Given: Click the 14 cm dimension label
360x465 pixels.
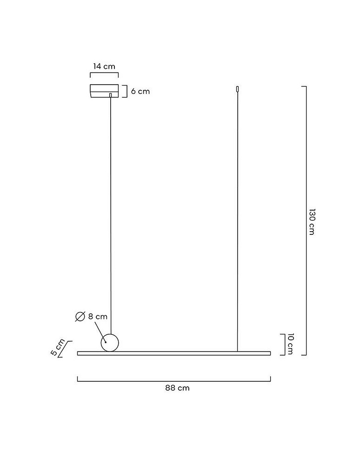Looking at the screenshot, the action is [x=104, y=66].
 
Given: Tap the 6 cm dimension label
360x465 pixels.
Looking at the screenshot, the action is [x=140, y=91].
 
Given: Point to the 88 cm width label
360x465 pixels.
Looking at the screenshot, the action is [x=177, y=388].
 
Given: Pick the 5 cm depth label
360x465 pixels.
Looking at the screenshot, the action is [x=57, y=347].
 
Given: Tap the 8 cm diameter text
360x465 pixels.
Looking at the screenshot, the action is [x=98, y=316].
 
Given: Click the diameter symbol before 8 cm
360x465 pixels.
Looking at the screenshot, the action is [x=80, y=316].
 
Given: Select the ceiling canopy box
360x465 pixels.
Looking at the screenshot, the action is [x=104, y=91].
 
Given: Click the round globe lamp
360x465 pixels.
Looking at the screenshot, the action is [x=110, y=343].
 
